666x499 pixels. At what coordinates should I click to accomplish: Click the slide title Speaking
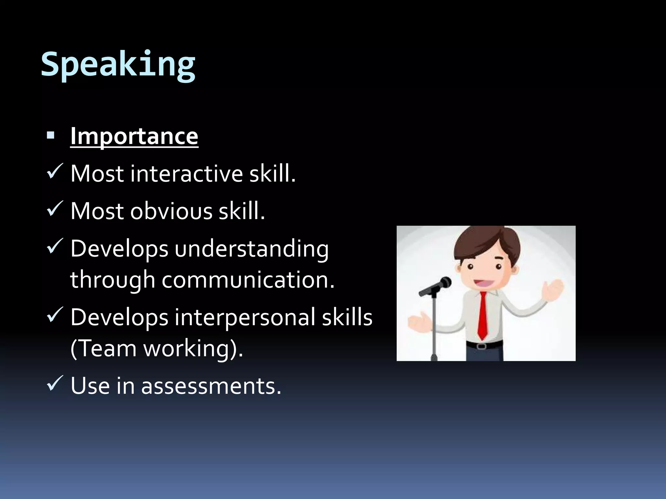pos(118,64)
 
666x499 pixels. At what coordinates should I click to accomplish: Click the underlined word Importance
pos(134,136)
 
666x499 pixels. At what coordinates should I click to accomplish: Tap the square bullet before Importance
pos(50,135)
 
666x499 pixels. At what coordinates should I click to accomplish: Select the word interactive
pos(187,174)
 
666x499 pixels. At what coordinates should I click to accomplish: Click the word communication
pos(248,279)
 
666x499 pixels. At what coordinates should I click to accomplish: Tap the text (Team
pos(103,349)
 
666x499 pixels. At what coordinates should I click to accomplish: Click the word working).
pos(193,349)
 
